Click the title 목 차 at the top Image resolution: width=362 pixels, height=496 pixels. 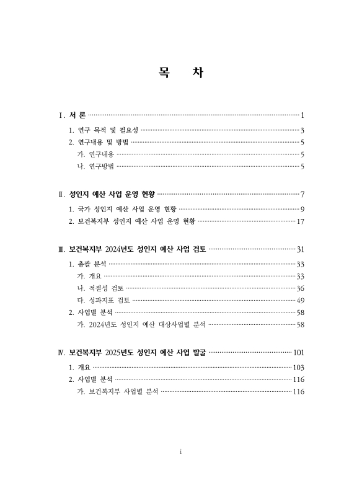tap(180, 73)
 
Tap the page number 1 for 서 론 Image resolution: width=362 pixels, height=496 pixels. tap(302, 115)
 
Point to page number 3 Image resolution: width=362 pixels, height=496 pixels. tap(302, 130)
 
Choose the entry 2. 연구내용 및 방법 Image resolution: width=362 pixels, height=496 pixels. tap(99, 142)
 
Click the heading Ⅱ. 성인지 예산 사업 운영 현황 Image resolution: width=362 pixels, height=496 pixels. tap(106, 194)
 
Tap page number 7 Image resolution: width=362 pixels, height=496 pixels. tap(302, 194)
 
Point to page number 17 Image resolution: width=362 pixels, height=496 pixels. tap(301, 221)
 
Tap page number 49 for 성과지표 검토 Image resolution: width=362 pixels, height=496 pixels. tap(301, 300)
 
